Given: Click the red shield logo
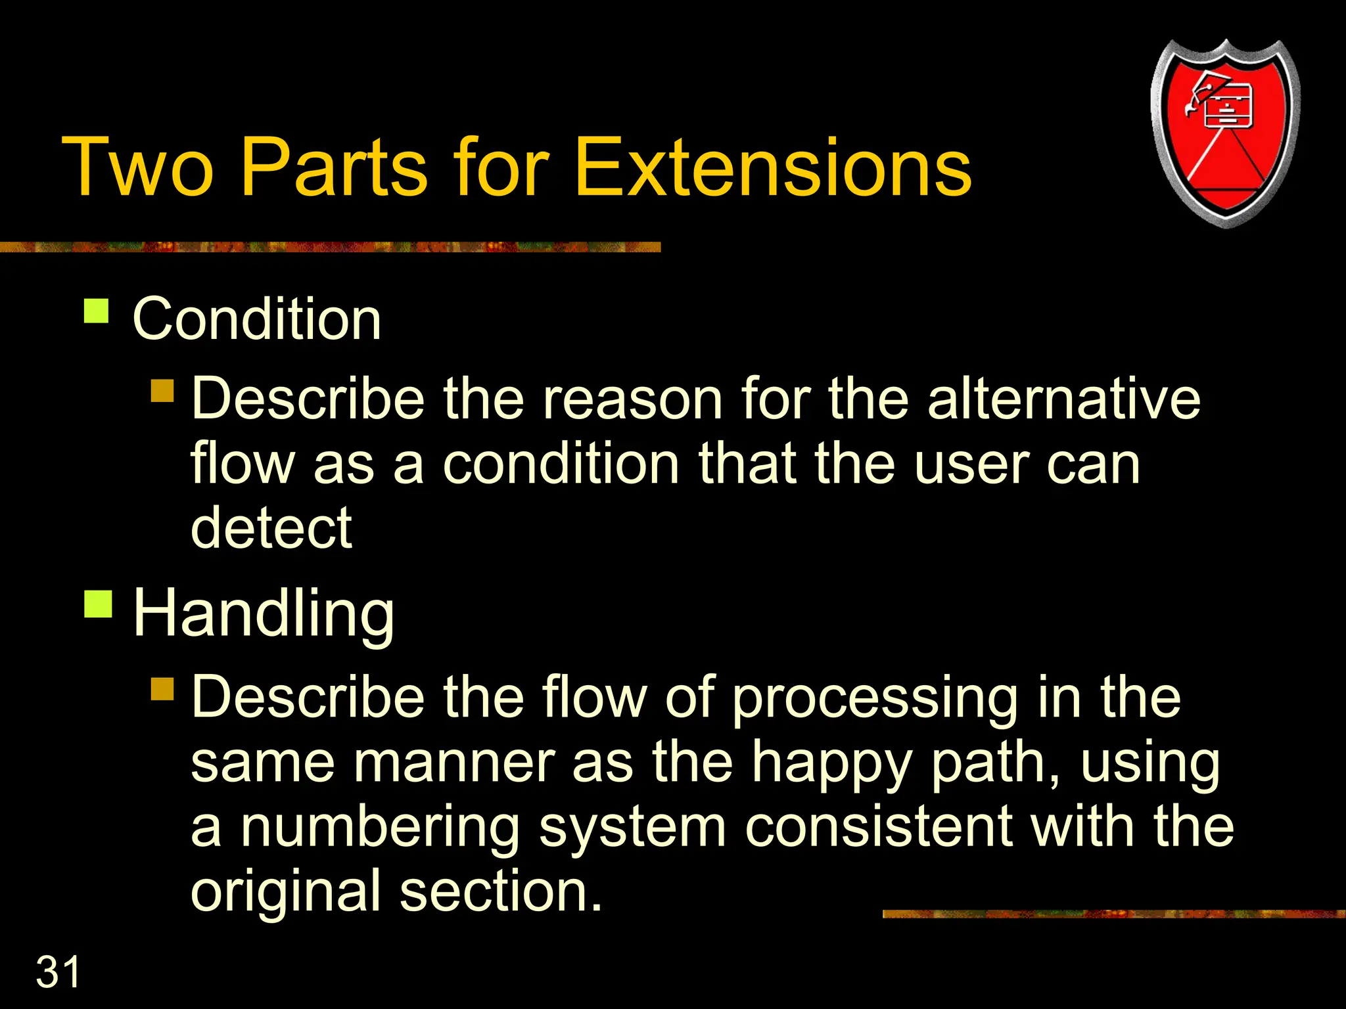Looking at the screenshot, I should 1225,134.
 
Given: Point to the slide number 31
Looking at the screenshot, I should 58,972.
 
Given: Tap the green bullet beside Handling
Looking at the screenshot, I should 99,604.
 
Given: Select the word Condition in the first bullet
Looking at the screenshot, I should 256,319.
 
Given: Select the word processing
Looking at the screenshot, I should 874,698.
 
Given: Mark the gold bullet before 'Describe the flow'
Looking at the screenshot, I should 162,689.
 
